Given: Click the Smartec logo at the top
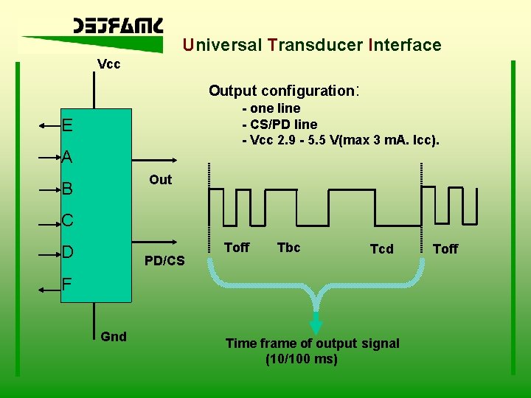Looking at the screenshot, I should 118,27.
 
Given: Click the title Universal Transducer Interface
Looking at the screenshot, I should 312,45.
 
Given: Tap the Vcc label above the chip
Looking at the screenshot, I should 109,64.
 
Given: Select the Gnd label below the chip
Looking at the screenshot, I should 114,337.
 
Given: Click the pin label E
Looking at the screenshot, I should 67,125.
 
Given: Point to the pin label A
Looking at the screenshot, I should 67,157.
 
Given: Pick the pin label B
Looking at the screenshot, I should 67,189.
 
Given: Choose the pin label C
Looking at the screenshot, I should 67,220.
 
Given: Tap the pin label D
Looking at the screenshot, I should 67,253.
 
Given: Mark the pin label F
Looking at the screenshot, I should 67,284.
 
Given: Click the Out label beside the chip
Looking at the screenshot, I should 160,180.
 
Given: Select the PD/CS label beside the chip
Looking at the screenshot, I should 164,260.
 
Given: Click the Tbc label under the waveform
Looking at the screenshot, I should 288,248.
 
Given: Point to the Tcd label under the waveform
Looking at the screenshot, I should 381,249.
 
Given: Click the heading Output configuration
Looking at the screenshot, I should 283,91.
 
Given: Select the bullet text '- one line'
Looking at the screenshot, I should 271,108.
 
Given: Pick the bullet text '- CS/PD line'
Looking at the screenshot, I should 280,124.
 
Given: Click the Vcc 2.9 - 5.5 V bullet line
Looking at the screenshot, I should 340,140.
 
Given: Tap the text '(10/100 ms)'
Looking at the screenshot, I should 301,359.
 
